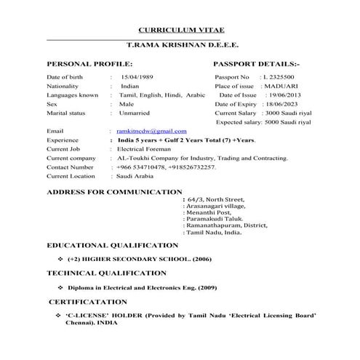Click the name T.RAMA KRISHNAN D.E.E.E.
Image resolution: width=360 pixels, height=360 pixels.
click(x=180, y=44)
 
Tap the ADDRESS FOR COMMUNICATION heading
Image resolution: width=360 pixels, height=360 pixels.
click(x=113, y=192)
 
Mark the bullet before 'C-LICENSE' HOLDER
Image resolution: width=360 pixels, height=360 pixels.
click(x=57, y=315)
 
